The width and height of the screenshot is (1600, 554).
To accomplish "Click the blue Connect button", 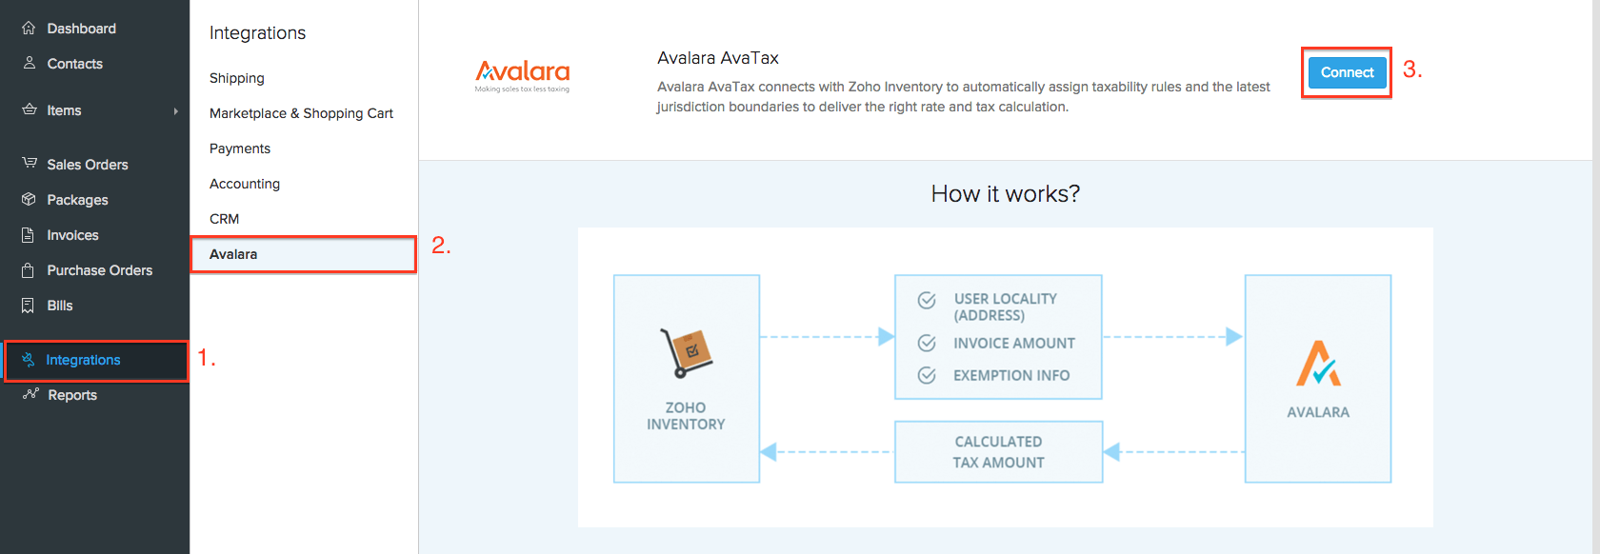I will click(1346, 72).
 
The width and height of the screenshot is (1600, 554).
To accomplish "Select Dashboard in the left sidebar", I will click(81, 29).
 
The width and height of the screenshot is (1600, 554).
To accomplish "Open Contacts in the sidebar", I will click(74, 64).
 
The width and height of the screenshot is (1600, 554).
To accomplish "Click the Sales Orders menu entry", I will click(87, 165).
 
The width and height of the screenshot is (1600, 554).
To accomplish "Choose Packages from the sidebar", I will click(77, 200).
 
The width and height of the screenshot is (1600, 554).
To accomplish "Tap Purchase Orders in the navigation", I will click(99, 270).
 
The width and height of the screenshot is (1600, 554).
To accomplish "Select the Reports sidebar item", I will click(72, 395).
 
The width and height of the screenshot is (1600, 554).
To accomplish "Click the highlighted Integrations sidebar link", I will click(83, 360).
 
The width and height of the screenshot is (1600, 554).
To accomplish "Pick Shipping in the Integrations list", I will click(237, 78).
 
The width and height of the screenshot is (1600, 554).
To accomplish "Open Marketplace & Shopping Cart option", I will click(301, 113).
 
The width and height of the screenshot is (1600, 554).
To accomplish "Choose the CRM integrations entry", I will click(225, 219).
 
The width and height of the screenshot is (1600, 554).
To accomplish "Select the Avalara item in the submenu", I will click(233, 254).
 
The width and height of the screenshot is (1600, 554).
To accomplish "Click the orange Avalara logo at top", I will click(522, 74).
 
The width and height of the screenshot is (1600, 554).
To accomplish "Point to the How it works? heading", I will click(1005, 194).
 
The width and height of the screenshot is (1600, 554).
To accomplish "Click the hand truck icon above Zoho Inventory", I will click(686, 353).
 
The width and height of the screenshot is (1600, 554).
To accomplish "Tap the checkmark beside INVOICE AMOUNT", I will click(926, 343).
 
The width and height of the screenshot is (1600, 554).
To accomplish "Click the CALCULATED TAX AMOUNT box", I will click(998, 452).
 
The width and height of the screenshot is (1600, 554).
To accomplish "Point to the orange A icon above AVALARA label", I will click(1318, 364).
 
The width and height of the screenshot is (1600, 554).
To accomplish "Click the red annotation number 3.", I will click(1412, 69).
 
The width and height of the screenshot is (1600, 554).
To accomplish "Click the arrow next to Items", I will click(175, 111).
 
